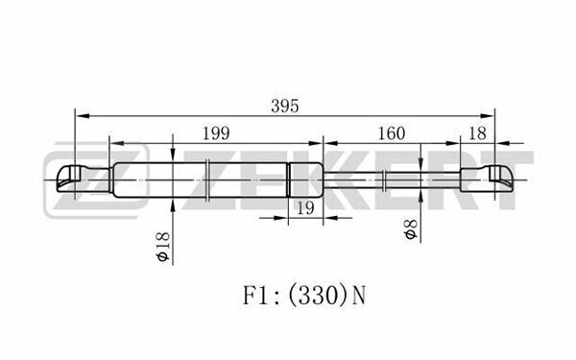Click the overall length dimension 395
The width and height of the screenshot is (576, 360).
[x=285, y=107]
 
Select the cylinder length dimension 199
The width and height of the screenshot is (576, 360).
[x=216, y=133]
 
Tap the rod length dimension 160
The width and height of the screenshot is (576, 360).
[x=392, y=133]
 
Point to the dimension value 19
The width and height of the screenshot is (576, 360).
[x=305, y=208]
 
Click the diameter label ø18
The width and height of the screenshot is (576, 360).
[x=162, y=246]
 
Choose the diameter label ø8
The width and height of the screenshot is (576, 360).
[x=411, y=229]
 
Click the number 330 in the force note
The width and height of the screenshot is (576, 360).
[x=313, y=296]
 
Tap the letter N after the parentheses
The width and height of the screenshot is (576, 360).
[x=359, y=296]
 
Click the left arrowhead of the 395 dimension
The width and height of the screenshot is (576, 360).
[x=83, y=116]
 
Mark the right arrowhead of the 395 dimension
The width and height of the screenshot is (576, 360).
[x=487, y=116]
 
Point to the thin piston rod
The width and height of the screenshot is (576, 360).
[x=392, y=180]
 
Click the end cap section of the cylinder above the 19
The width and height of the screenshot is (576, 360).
[x=305, y=180]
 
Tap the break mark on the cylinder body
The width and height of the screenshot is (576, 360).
[x=207, y=180]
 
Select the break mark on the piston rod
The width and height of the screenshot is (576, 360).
[x=383, y=180]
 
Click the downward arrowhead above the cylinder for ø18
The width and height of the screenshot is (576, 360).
[x=173, y=154]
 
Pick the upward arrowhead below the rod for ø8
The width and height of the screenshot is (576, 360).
[x=420, y=197]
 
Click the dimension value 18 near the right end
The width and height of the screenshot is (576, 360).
[x=477, y=133]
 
